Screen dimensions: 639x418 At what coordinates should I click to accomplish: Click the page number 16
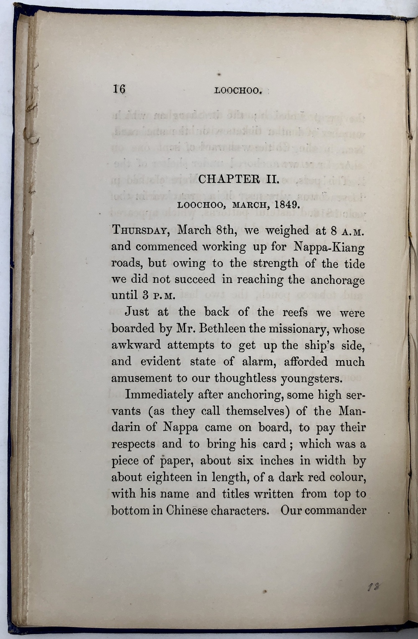tap(119, 89)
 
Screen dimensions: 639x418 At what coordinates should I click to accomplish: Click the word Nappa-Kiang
tap(335, 247)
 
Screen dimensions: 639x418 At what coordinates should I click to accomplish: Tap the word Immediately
tap(159, 395)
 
